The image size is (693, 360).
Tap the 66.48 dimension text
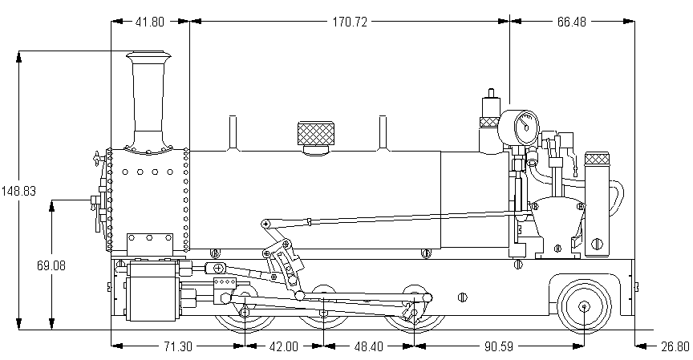570,22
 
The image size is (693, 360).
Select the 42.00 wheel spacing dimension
282,346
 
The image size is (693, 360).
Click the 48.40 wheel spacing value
368,346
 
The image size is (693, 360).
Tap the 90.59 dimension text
498,346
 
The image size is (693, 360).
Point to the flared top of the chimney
149,57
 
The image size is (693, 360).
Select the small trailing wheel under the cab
585,305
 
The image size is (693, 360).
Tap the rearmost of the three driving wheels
413,307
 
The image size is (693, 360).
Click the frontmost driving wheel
243,309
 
